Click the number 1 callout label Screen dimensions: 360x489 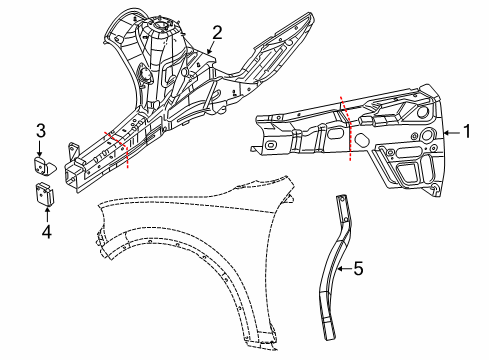click(x=466, y=130)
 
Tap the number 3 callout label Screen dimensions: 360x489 click(x=42, y=129)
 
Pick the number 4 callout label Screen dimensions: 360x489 click(x=45, y=232)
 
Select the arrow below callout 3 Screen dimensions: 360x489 click(x=42, y=145)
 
